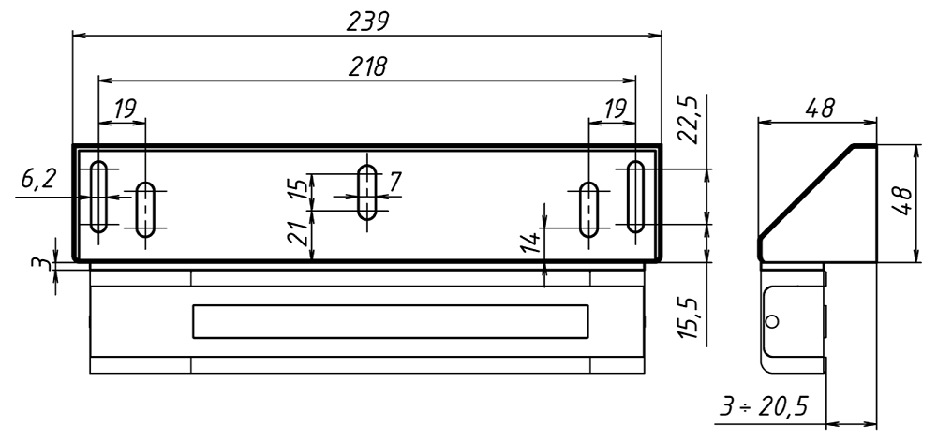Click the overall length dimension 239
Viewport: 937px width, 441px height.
pyautogui.click(x=367, y=21)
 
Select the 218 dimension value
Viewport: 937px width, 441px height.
pyautogui.click(x=367, y=67)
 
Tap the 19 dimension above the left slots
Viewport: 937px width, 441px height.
pyautogui.click(x=123, y=109)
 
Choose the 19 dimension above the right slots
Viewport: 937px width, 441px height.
pyautogui.click(x=615, y=109)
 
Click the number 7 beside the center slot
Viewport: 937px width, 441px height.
pyautogui.click(x=395, y=181)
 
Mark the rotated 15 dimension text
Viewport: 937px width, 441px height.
pyautogui.click(x=298, y=189)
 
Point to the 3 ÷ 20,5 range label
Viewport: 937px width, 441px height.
pyautogui.click(x=763, y=408)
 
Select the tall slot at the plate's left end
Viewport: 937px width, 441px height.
pyautogui.click(x=97, y=197)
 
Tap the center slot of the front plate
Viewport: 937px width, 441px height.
pyautogui.click(x=368, y=192)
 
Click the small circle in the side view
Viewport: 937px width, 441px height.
pyautogui.click(x=771, y=321)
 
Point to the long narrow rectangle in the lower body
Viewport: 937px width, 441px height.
pyautogui.click(x=391, y=320)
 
